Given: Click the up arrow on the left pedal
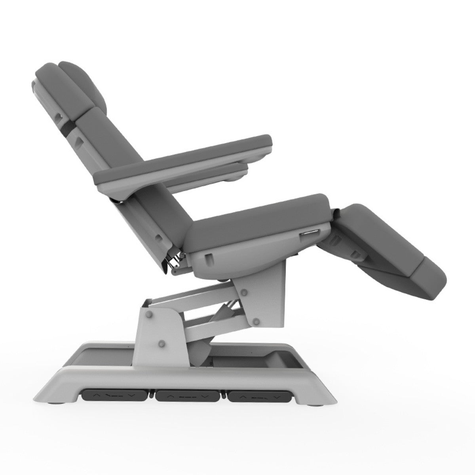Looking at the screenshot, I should pyautogui.click(x=95, y=407).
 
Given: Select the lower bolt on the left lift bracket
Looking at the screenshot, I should pyautogui.click(x=161, y=342).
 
